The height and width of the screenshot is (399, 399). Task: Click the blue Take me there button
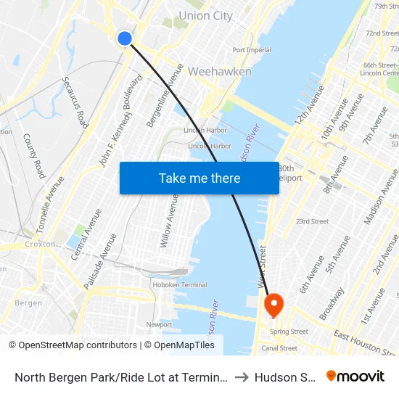[199, 178]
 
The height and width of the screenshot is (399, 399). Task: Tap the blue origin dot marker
[125, 38]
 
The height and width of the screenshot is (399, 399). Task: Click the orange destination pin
[274, 304]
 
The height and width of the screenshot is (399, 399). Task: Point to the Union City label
[205, 15]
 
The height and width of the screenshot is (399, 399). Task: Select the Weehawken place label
[219, 72]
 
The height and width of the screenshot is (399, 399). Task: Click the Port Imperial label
[252, 50]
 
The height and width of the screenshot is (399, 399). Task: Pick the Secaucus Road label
[75, 102]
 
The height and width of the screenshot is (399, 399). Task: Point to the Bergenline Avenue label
[165, 95]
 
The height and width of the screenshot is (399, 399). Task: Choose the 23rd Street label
[312, 221]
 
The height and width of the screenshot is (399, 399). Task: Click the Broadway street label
[332, 304]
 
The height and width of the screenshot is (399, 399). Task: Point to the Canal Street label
[279, 348]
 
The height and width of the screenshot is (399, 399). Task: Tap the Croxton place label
[40, 244]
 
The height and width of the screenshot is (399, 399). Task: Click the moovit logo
[355, 377]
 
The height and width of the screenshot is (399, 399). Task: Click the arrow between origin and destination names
[242, 377]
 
